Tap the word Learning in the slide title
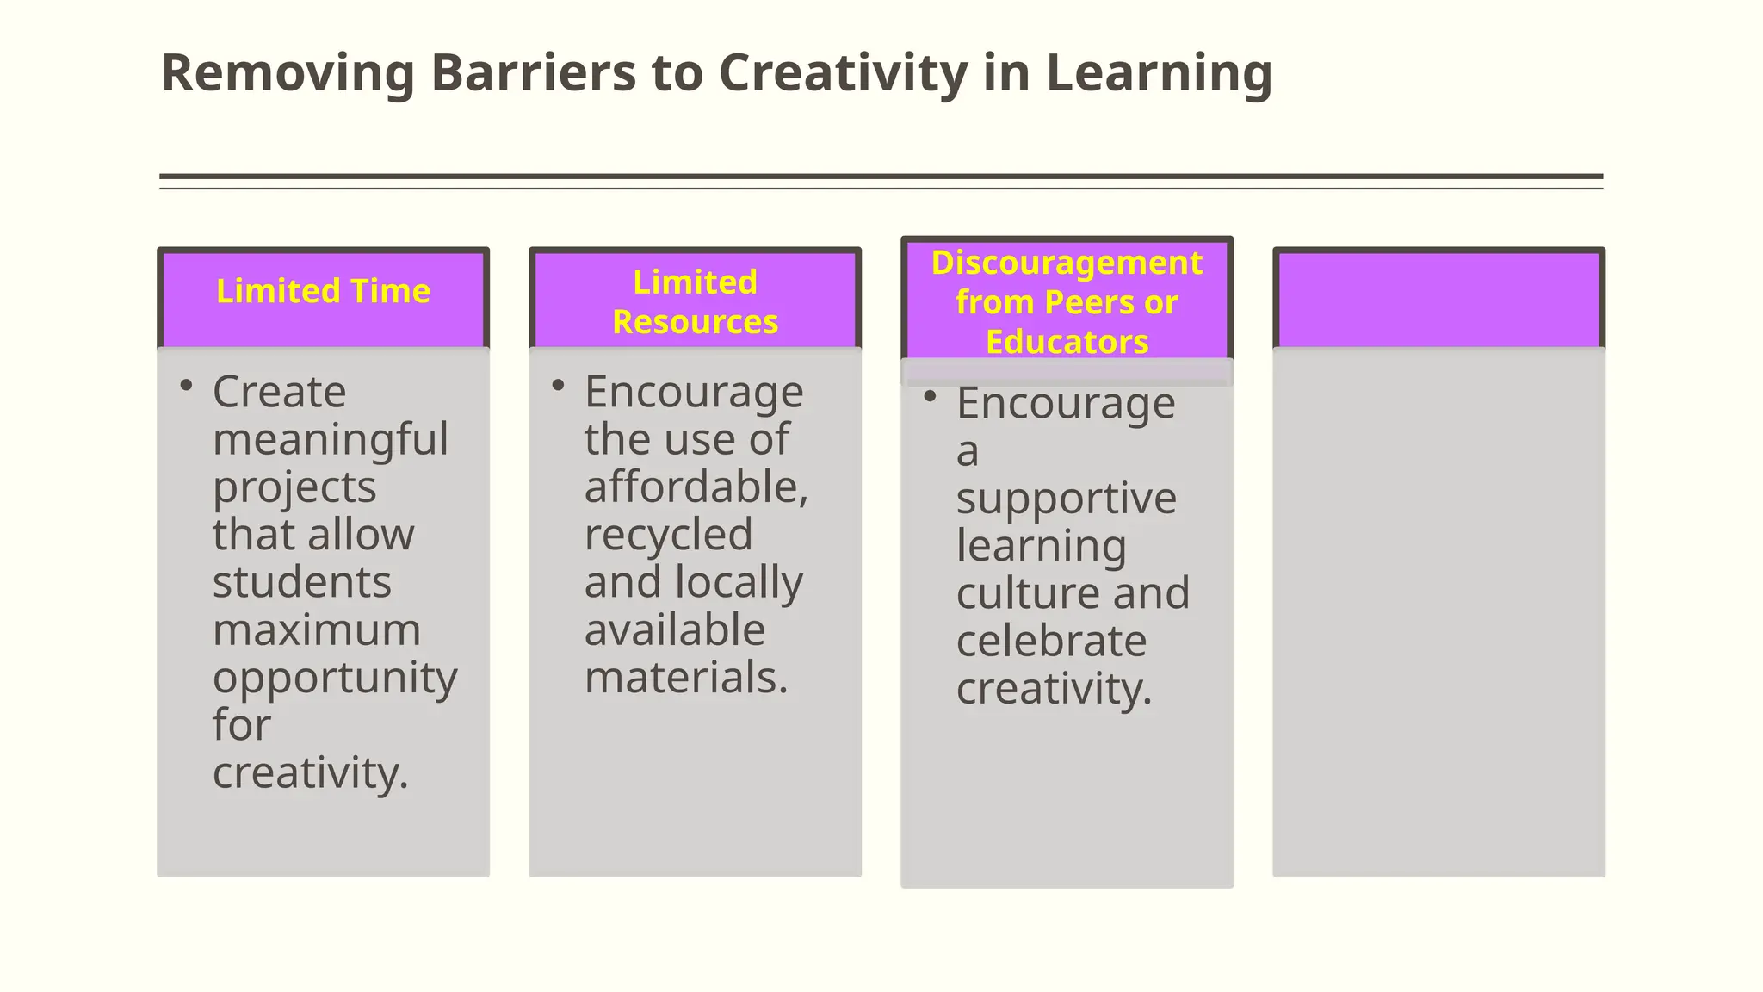[1159, 74]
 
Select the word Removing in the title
[288, 74]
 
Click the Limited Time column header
[323, 291]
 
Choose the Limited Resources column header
[695, 301]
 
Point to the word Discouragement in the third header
[1067, 263]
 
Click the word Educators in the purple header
[1067, 342]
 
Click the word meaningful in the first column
[331, 439]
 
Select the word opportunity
[335, 678]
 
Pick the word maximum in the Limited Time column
[317, 629]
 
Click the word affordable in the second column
[696, 487]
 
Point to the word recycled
[668, 535]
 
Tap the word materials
[686, 677]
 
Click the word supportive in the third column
[1066, 498]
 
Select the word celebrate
[1051, 641]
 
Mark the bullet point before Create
[186, 386]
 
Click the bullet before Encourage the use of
[558, 386]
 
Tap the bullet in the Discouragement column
[930, 397]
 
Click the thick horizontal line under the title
[881, 177]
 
